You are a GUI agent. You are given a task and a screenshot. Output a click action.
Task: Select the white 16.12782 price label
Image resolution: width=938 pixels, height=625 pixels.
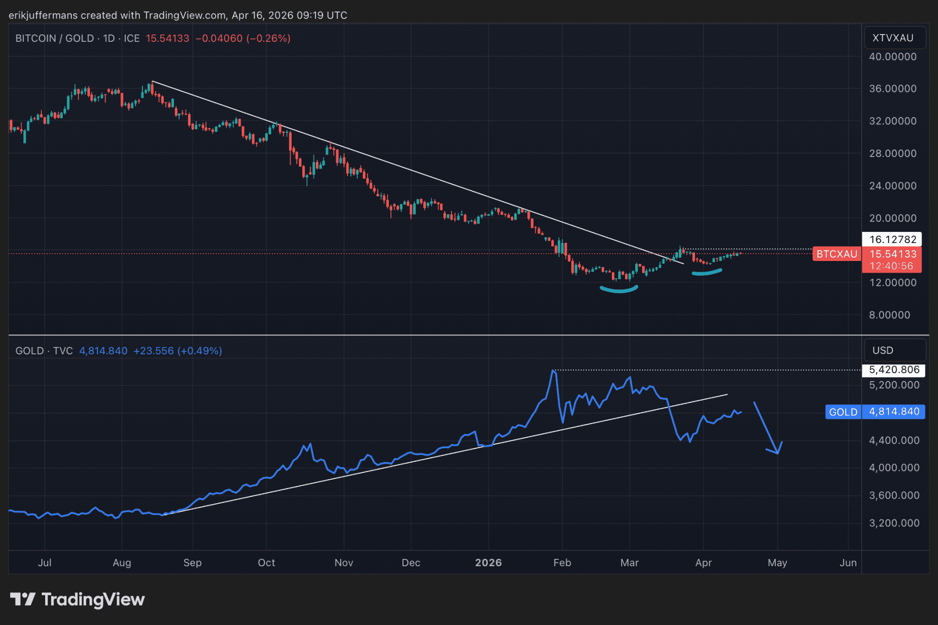(x=892, y=239)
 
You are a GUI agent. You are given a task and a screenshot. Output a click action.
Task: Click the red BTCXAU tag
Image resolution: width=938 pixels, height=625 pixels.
(x=836, y=254)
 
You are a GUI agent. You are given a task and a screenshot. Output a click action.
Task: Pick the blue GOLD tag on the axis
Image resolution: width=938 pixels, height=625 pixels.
(x=843, y=412)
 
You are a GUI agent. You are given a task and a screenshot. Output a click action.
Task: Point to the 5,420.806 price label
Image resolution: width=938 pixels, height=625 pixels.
(x=894, y=370)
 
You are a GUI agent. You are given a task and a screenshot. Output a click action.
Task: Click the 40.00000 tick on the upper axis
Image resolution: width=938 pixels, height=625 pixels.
(x=892, y=57)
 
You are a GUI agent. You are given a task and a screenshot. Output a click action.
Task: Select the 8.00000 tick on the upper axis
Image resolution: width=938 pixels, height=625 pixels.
(x=889, y=315)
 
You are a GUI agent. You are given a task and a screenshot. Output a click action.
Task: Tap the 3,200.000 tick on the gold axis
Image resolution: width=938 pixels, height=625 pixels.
(x=894, y=523)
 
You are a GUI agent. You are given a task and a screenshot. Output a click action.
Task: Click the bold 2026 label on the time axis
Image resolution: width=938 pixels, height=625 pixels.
(x=488, y=563)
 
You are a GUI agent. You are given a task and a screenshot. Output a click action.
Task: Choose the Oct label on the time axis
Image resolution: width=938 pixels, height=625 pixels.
(x=266, y=563)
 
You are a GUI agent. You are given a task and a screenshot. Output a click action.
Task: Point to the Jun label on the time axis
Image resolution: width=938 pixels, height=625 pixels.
(x=848, y=563)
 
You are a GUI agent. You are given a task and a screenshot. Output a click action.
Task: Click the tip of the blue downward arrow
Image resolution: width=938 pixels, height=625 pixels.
(x=778, y=453)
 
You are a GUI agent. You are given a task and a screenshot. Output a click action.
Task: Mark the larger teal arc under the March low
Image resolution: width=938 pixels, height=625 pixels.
(x=619, y=290)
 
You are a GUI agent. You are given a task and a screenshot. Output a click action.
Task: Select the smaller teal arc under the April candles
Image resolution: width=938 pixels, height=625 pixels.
(x=707, y=273)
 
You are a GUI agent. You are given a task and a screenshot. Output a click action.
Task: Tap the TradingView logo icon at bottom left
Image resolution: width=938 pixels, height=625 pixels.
(x=23, y=599)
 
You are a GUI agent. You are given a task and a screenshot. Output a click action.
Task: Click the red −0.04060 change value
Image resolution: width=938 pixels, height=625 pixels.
(x=219, y=38)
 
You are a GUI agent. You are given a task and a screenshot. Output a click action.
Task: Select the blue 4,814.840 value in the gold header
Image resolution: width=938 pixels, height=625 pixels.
(x=103, y=351)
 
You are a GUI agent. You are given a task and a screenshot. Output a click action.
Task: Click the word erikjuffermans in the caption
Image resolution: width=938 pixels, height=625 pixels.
(x=43, y=15)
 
